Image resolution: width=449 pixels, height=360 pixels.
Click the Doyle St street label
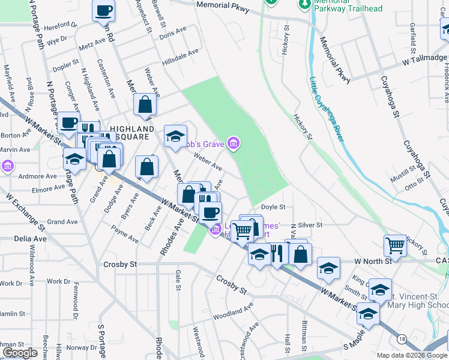[273, 207]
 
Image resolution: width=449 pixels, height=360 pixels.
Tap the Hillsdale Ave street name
[179, 58]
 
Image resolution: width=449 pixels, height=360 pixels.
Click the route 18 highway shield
[402, 339]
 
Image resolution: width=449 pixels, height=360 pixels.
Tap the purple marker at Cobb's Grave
[234, 143]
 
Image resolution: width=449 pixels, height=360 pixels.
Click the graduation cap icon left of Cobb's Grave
[176, 136]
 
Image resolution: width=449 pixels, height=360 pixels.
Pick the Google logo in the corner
[20, 353]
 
